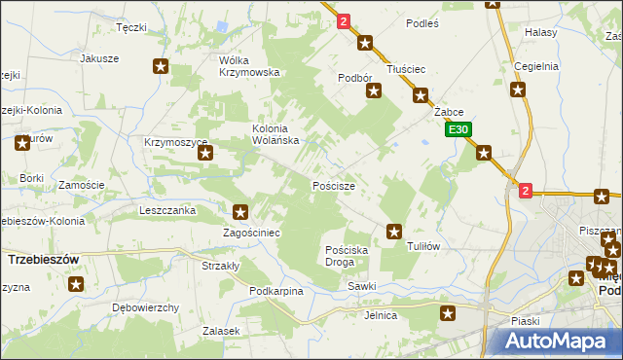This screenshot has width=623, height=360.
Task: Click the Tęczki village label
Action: (130, 28)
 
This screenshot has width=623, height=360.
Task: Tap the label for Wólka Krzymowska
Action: (249, 65)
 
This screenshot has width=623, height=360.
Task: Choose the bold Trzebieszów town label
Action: (42, 260)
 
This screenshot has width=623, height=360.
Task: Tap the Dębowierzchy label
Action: (146, 307)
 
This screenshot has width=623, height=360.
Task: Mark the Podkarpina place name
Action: (276, 291)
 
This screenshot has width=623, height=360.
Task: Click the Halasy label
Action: (540, 32)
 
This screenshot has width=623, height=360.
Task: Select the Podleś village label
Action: (422, 22)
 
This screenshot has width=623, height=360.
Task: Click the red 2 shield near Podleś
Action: (344, 19)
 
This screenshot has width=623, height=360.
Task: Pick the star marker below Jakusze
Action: (161, 66)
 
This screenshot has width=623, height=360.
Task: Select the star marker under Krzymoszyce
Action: (205, 164)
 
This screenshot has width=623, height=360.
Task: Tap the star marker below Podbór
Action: (373, 91)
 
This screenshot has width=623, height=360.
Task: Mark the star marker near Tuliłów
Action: (394, 231)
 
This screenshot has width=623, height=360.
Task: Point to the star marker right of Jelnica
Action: (448, 313)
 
